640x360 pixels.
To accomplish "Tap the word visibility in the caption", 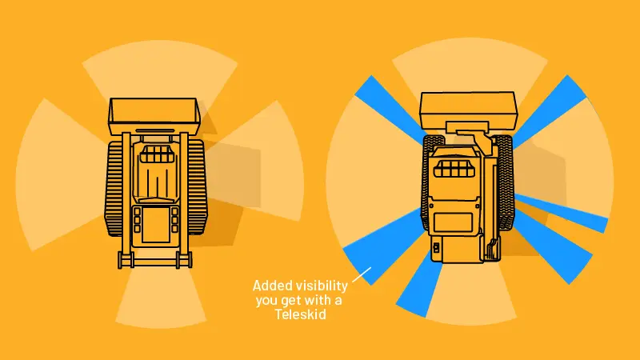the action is pos(322,286).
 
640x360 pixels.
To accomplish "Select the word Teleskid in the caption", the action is pos(301,314).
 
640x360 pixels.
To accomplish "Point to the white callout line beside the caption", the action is pos(362,274).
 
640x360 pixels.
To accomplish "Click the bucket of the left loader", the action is pos(154,116).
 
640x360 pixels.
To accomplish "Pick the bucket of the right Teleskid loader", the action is pos(469,110).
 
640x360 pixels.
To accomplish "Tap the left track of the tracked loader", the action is pos(114,188).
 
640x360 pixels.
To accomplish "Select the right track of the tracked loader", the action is pos(198,187).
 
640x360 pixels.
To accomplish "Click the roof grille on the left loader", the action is pos(156,154).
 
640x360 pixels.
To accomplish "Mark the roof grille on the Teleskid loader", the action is pos(454,168).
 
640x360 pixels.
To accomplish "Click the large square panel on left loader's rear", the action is pos(155,226).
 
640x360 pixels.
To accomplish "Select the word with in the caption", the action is pos(319,300).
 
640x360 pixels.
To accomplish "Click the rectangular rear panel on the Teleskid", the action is pos(453,223).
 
